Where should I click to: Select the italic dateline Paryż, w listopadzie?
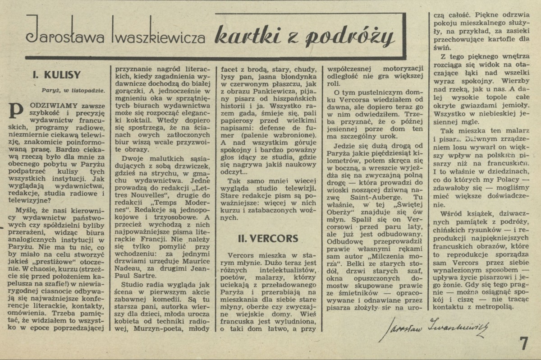point(74,89)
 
